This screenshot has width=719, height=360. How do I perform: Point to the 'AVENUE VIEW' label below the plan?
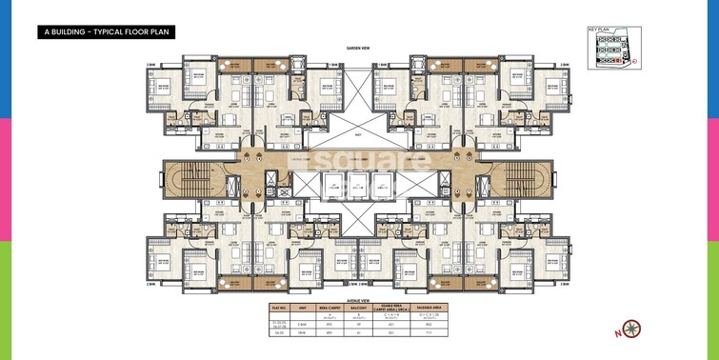click(x=358, y=297)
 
